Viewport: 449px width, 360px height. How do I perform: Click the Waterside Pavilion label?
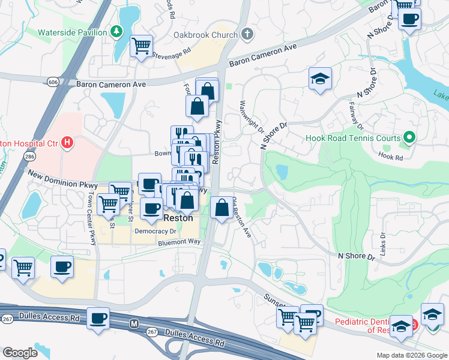(72, 32)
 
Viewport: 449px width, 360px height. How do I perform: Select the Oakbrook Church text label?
(205, 35)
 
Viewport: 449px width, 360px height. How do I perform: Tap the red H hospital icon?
(68, 143)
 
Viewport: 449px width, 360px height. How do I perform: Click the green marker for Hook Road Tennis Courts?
(409, 138)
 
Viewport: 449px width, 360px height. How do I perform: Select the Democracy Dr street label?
(155, 231)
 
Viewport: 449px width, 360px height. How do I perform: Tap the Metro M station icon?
(135, 323)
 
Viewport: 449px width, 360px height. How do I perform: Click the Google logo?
(20, 352)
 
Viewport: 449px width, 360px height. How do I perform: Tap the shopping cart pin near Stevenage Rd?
(141, 46)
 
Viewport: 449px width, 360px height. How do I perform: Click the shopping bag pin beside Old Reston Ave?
(222, 208)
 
